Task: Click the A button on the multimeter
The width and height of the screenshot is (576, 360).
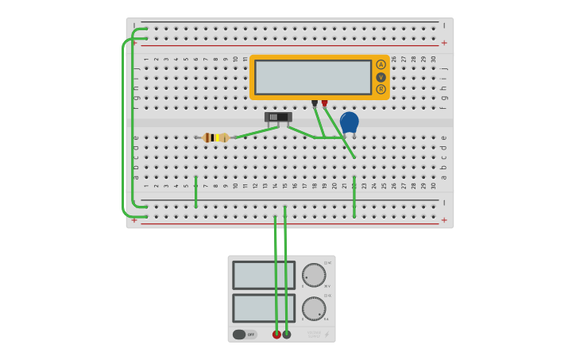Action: click(381, 64)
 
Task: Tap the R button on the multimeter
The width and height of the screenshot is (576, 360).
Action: click(381, 89)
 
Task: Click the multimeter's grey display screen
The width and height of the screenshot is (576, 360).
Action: click(313, 77)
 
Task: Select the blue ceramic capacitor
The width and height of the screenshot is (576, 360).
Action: click(349, 122)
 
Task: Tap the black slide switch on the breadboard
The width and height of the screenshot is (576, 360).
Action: click(278, 117)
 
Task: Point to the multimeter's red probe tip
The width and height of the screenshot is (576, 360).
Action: click(324, 103)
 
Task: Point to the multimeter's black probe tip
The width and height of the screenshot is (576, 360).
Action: click(315, 103)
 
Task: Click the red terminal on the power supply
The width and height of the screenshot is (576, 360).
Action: click(276, 335)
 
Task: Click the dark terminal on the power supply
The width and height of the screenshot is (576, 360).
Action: click(287, 335)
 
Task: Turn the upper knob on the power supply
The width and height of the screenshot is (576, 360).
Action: click(314, 275)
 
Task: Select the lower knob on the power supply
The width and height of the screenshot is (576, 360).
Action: click(314, 308)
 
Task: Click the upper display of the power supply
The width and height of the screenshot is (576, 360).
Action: click(264, 275)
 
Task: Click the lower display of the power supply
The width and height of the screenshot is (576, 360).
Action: click(264, 308)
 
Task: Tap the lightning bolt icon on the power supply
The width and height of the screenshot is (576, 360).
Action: click(327, 335)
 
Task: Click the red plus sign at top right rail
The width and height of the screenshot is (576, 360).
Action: click(444, 43)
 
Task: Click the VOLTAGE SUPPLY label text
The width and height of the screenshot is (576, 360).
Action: click(314, 335)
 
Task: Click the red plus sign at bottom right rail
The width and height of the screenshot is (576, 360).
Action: click(444, 220)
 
